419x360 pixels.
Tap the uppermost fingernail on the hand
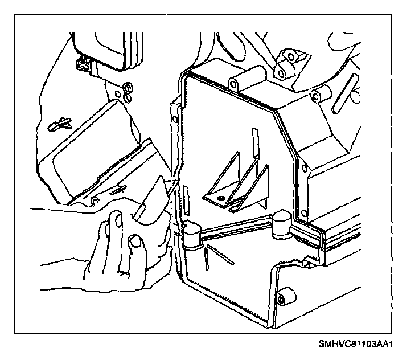point(116,219)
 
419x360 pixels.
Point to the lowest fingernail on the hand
point(135,243)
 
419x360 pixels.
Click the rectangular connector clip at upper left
point(84,65)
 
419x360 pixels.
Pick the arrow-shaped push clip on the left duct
point(60,122)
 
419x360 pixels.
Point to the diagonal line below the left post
point(220,255)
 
